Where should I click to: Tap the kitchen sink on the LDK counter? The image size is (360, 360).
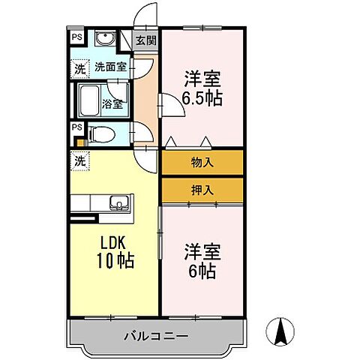pyautogui.click(x=119, y=202)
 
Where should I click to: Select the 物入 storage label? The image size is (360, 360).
pyautogui.click(x=201, y=162)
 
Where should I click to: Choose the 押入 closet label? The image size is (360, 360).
pyautogui.click(x=201, y=190)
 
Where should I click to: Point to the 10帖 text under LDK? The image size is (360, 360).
pyautogui.click(x=114, y=262)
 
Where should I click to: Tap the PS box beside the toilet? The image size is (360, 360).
pyautogui.click(x=76, y=128)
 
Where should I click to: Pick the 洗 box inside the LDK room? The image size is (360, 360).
pyautogui.click(x=79, y=159)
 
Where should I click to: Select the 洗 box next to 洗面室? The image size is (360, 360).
pyautogui.click(x=79, y=67)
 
